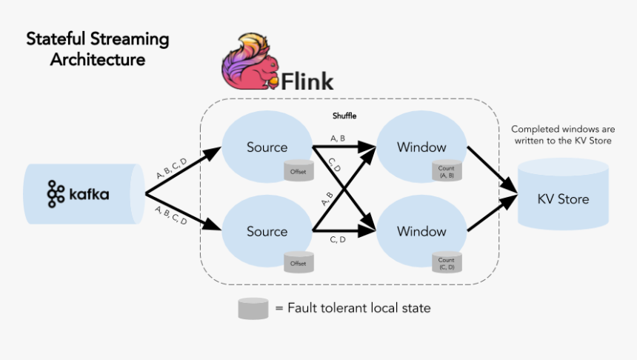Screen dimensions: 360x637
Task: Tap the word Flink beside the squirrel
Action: pos(307,79)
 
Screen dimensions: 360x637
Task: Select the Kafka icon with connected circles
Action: pos(56,194)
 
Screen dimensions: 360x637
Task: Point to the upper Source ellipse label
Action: pos(267,147)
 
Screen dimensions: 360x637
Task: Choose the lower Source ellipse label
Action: pos(267,232)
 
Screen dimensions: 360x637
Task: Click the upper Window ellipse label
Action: pos(421,147)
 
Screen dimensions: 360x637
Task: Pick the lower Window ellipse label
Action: pos(421,232)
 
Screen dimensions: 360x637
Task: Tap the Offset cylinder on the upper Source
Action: pos(299,170)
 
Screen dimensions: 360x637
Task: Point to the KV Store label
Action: pos(564,199)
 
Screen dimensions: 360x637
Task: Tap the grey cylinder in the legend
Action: pos(253,308)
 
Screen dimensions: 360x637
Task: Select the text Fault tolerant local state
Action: pos(358,308)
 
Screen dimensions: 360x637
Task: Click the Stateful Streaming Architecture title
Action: pos(98,49)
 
